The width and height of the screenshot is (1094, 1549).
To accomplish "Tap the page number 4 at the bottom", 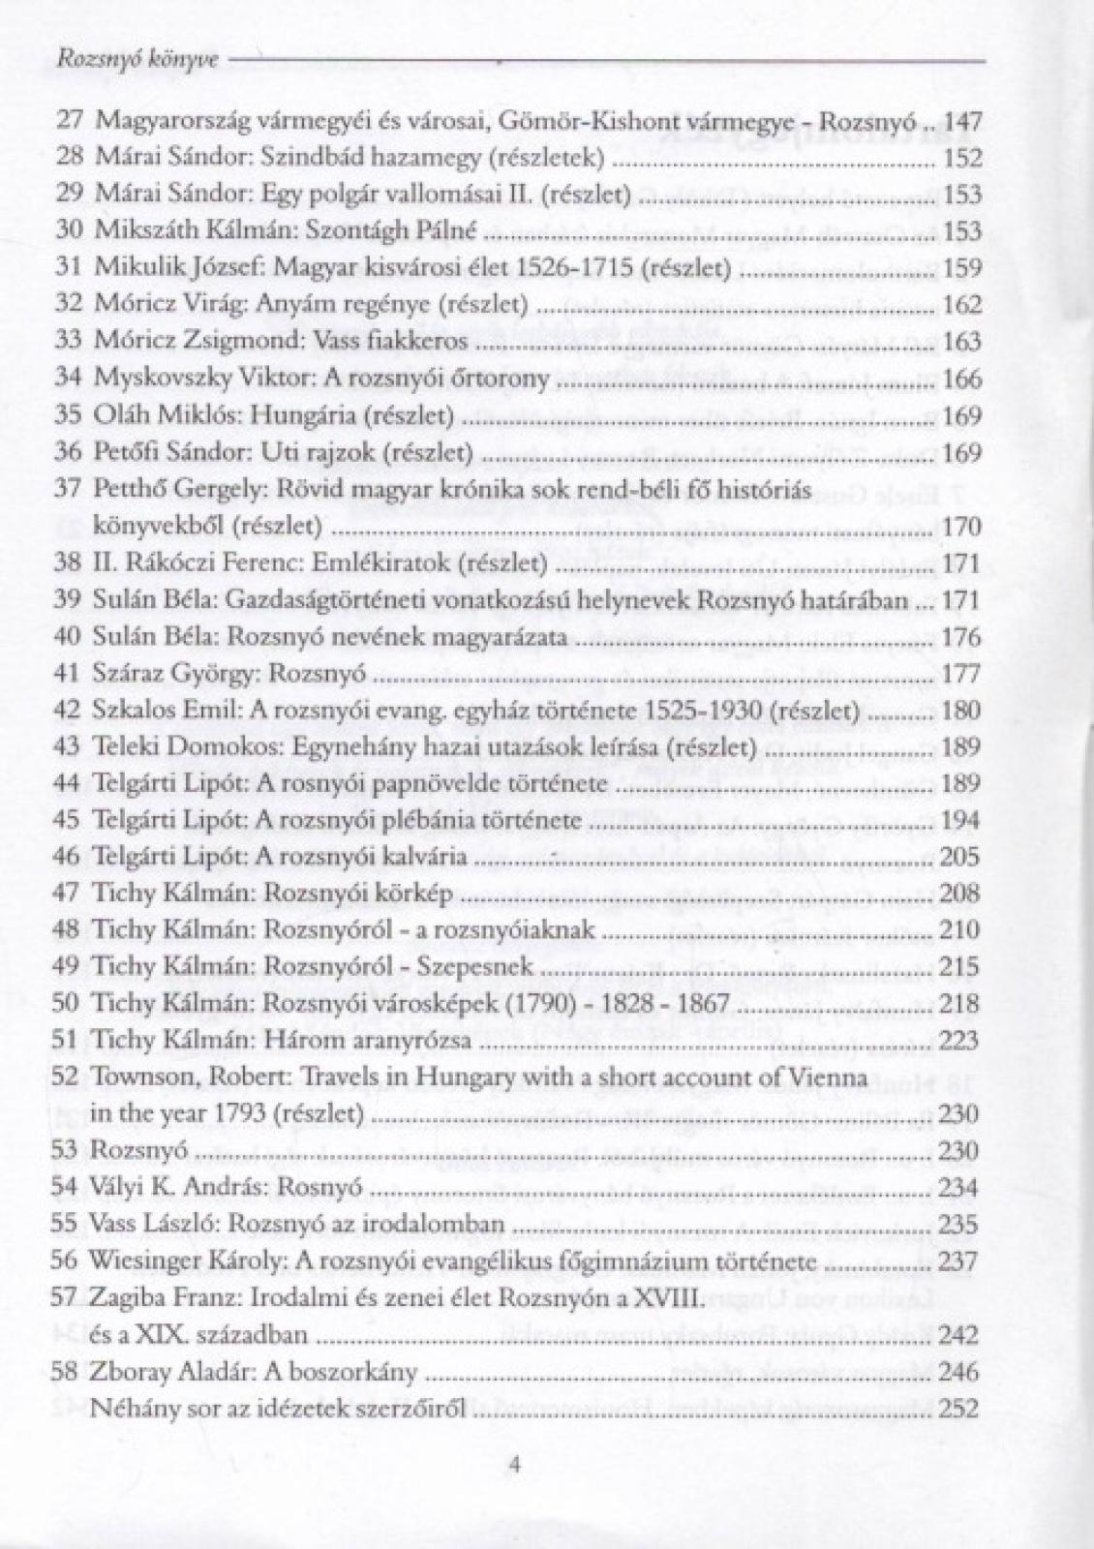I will [x=515, y=1465].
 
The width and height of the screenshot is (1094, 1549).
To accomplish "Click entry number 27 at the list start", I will [x=70, y=121].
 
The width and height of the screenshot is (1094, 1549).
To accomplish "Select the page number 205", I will [x=960, y=857].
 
